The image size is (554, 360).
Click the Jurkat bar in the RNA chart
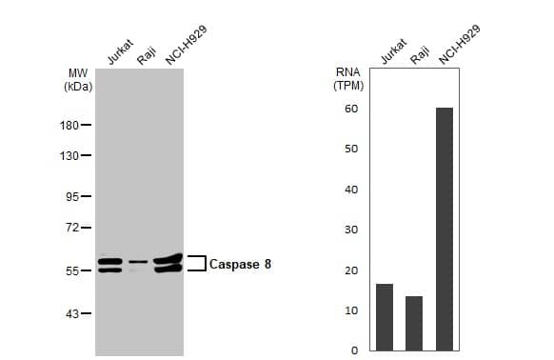(385, 317)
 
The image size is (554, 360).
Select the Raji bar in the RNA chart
(414, 323)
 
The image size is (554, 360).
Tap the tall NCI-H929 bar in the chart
(444, 229)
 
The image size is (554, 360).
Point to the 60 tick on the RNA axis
(351, 109)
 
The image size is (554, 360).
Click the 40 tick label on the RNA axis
(351, 190)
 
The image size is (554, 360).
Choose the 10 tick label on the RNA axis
(351, 310)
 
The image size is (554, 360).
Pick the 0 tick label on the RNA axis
(354, 350)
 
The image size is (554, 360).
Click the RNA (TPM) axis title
(348, 78)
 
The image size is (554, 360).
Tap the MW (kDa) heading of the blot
(77, 79)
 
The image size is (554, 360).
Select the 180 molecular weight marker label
(70, 125)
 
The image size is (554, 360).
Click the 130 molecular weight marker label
(70, 155)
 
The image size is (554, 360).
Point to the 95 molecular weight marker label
(73, 197)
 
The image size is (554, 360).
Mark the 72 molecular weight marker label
(73, 228)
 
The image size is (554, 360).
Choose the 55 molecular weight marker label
(73, 271)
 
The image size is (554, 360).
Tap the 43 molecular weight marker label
(73, 313)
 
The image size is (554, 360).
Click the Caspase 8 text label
(240, 264)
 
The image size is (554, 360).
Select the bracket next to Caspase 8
(197, 263)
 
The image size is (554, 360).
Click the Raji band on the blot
(139, 261)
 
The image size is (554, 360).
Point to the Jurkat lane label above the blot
(120, 53)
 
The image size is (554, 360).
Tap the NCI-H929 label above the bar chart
(459, 45)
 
